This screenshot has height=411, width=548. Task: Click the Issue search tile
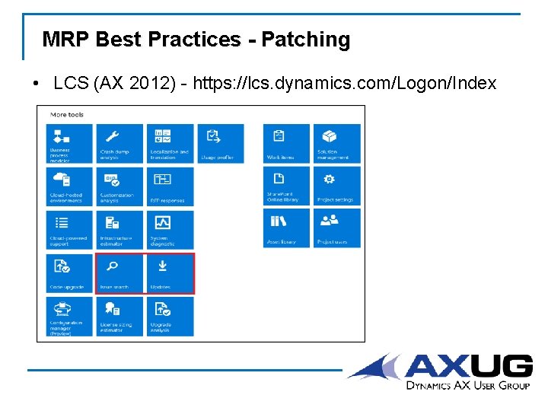(x=119, y=273)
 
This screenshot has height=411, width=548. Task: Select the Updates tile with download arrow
(x=170, y=273)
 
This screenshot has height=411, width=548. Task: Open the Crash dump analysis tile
(x=119, y=143)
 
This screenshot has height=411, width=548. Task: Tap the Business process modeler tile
(x=70, y=143)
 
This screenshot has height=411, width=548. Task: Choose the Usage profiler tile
(x=220, y=143)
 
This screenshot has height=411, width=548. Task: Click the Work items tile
(x=286, y=143)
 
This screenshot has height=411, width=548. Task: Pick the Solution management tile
(x=336, y=143)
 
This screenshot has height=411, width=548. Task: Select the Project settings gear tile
(x=336, y=186)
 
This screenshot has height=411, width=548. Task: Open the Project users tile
(x=336, y=228)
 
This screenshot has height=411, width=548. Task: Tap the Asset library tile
(x=286, y=228)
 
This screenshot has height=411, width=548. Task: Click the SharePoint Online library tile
(x=286, y=186)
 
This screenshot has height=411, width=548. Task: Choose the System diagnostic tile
(x=170, y=229)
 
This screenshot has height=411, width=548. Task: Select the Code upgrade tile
(x=70, y=273)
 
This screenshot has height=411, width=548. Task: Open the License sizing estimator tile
(x=119, y=316)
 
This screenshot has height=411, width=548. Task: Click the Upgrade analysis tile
(x=170, y=316)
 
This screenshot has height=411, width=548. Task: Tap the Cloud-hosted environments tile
(x=70, y=186)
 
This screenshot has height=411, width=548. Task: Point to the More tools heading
(x=67, y=115)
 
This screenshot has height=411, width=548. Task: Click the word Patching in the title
(x=305, y=40)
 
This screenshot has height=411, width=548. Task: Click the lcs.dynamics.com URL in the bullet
(x=344, y=83)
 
